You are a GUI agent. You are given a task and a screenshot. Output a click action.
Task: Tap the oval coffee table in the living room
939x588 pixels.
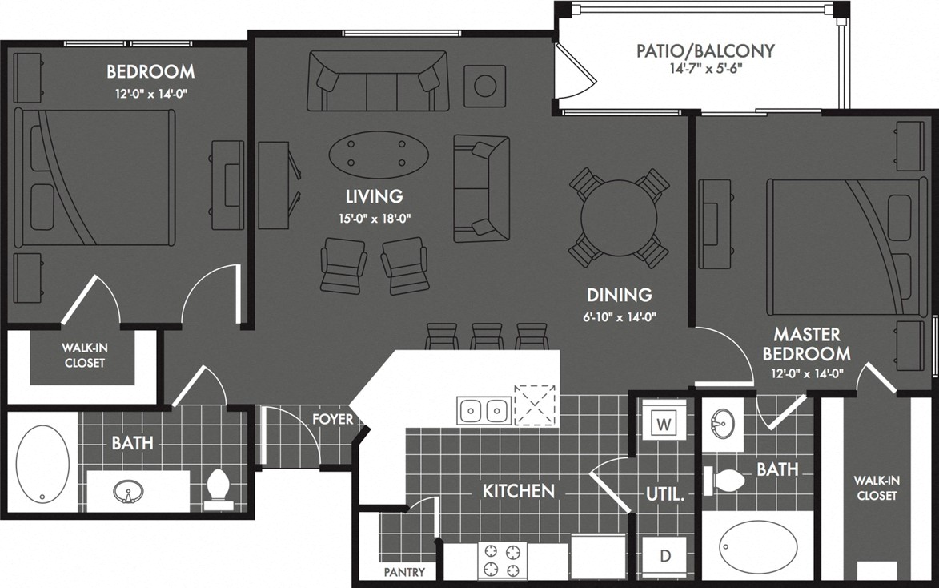379,155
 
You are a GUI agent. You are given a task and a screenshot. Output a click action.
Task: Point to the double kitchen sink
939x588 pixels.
484,411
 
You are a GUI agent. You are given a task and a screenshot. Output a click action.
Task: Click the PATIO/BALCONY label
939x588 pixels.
705,50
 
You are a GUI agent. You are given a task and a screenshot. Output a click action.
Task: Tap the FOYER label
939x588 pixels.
333,419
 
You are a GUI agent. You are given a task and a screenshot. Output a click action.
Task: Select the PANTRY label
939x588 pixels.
404,572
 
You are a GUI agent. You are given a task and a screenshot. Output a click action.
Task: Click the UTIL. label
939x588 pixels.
664,495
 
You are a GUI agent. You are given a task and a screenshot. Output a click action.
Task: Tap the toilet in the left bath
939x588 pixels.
218,488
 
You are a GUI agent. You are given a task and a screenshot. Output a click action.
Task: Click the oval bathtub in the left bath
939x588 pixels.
43,464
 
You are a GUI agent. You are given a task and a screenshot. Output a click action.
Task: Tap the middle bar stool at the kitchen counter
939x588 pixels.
487,336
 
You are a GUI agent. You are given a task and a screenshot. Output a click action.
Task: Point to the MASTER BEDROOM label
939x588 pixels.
806,344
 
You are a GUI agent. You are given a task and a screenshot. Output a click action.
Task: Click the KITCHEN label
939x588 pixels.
519,490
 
